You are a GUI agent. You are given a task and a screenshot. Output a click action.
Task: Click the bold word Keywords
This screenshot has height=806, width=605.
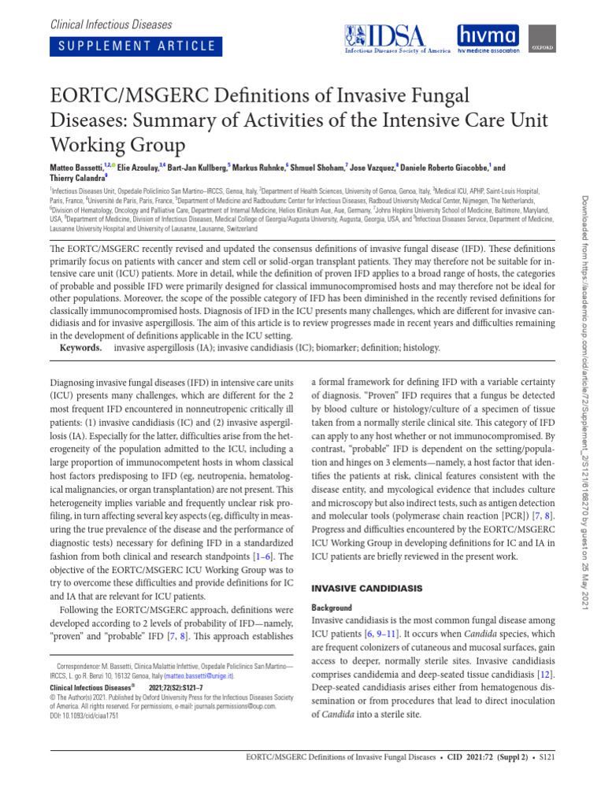click(85, 347)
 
